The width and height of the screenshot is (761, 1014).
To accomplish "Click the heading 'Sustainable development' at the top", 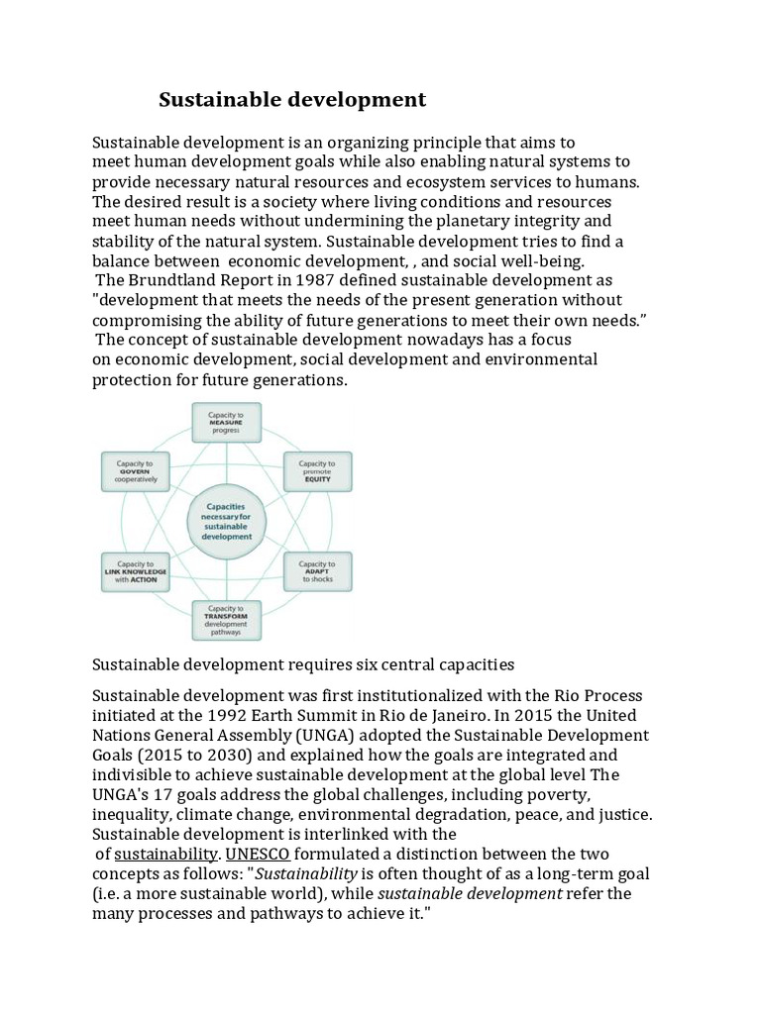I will point(292,99).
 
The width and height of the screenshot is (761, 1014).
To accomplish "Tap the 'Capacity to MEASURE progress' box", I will point(226,421).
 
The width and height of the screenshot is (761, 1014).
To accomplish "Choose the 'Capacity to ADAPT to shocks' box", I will point(317,571).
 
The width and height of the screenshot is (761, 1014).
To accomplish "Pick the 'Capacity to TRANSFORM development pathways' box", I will point(226,620).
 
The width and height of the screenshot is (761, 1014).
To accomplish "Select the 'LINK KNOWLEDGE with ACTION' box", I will point(136,571).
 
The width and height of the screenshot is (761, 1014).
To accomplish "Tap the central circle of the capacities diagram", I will point(226,520).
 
